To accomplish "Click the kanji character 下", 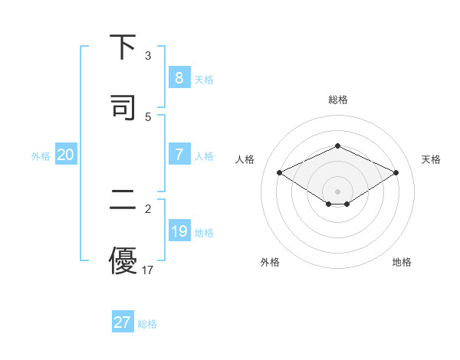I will pos(123,47).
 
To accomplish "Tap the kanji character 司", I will pos(123,106).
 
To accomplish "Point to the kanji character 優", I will pos(123,260).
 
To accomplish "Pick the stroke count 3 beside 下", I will pos(148,56).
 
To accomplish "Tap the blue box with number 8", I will pos(179,77).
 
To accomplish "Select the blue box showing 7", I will pos(179,155).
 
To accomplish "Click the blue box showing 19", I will pos(179,231).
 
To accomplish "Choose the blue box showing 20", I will pos(65,155).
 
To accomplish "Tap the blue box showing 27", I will pos(122,322).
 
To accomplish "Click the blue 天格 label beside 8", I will pos(204,80).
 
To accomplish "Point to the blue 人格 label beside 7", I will pos(204,156).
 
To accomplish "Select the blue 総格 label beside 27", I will pos(147,324).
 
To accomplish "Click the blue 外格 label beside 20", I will pos(41,156).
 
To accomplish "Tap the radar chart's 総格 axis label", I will pos(338,100).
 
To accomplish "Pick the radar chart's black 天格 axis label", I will pos(431,159).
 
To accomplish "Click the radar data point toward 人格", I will pos(279,172).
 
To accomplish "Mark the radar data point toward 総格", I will pos(337,146).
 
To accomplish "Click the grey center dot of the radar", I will pos(337,191).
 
